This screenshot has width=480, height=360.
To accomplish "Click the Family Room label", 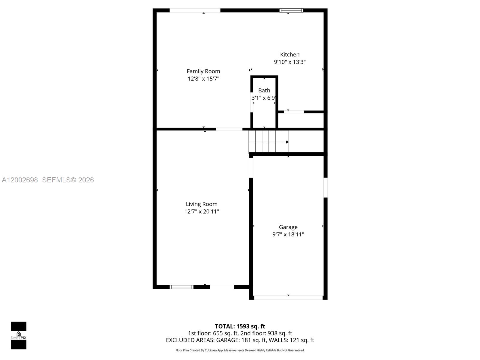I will tap(203, 71).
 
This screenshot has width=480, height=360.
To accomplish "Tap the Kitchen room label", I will tap(290, 54).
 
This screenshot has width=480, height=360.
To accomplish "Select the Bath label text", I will tap(264, 90).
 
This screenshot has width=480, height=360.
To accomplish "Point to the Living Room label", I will tap(202, 204).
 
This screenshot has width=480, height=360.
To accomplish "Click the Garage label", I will tap(288, 227).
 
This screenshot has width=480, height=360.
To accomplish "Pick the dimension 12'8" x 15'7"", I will tap(203, 79).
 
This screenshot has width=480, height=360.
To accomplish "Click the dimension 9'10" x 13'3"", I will tap(290, 62).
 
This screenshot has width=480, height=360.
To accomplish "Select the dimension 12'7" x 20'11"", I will tap(202, 211).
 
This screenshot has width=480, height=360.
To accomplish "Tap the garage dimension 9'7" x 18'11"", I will tap(288, 234).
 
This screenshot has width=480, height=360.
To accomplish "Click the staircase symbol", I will tap(268, 142).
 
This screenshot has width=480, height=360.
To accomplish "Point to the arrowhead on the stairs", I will tap(287, 142).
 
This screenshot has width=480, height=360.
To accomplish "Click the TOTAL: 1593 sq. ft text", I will tap(240, 326).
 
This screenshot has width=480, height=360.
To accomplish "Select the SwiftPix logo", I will tap(19, 335).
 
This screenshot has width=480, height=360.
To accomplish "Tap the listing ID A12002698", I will tap(20, 180).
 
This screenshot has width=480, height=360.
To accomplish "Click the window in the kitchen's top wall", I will tap(291, 10).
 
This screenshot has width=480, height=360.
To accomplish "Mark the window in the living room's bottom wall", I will tap(181, 287).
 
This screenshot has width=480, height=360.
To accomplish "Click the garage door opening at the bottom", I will tap(288, 298).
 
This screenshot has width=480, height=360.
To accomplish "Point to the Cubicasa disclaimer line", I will tap(240, 350).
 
